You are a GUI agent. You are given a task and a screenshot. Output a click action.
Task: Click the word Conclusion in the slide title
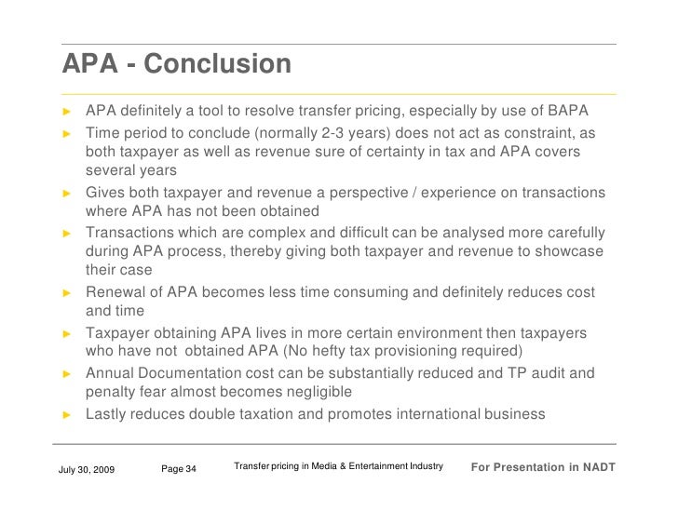coord(218,65)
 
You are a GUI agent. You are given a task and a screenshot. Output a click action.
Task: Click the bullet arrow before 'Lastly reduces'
coord(67,415)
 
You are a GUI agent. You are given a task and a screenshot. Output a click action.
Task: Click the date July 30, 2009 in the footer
coord(87,468)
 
